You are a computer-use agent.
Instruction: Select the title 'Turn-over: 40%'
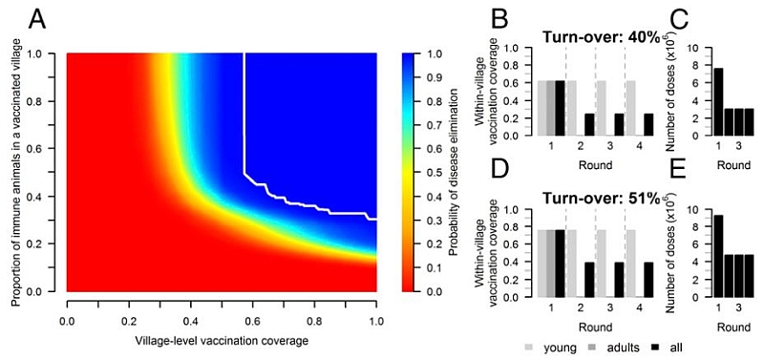pyautogui.click(x=594, y=37)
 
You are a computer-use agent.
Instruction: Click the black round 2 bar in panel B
pyautogui.click(x=588, y=125)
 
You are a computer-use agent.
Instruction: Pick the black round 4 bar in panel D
pyautogui.click(x=649, y=280)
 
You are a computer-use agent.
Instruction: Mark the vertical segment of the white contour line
pyautogui.click(x=245, y=115)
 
